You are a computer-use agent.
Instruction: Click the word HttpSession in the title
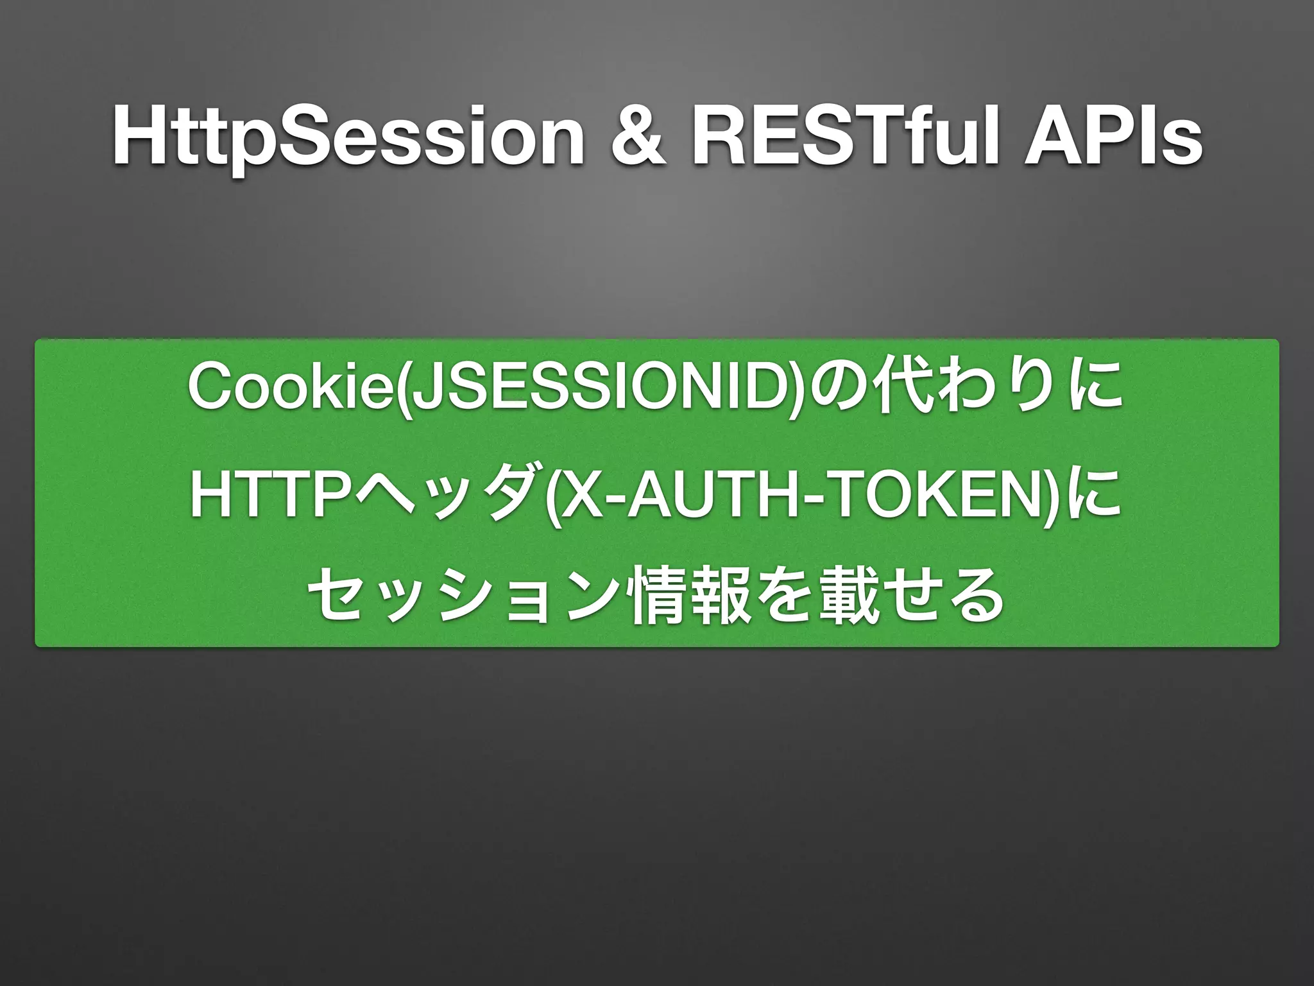click(x=347, y=137)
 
